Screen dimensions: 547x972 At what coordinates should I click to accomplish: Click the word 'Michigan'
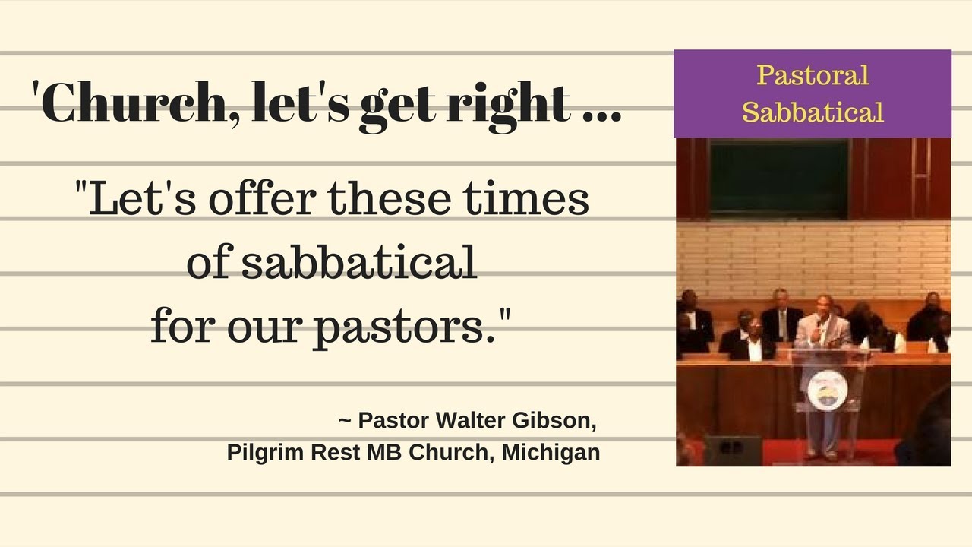click(551, 452)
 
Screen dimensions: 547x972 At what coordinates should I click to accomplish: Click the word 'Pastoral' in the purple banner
click(813, 75)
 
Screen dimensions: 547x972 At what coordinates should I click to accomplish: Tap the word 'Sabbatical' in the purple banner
click(813, 112)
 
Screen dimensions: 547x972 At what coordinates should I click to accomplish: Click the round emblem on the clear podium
click(827, 387)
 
